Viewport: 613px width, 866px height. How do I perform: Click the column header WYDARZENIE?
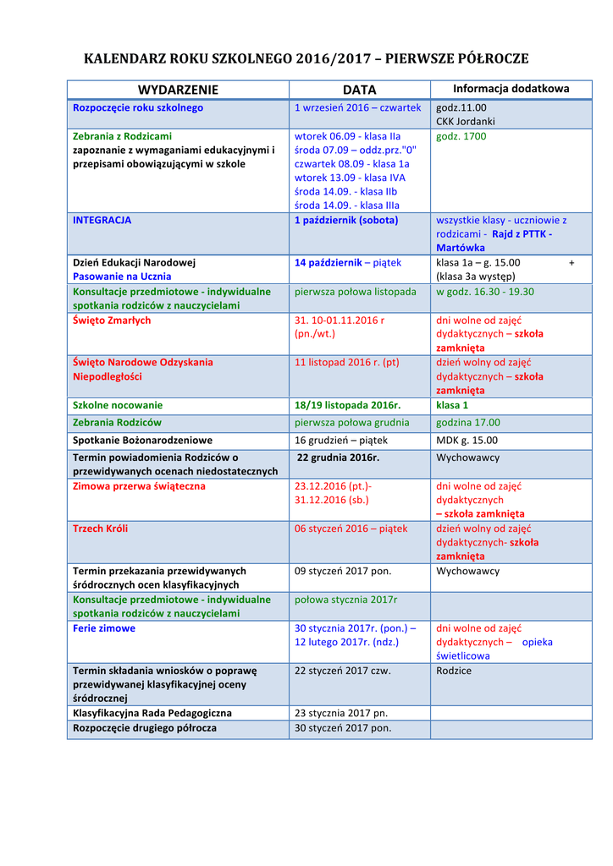[x=178, y=90]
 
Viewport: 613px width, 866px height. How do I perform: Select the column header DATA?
[x=359, y=90]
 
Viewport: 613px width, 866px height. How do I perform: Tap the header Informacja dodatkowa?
[x=511, y=89]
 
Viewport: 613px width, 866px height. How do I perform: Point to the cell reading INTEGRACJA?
[x=102, y=220]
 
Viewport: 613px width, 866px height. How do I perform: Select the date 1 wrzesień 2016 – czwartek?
[x=357, y=107]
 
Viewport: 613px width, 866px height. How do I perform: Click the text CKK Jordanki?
[x=466, y=122]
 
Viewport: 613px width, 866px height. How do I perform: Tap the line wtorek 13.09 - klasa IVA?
[x=350, y=178]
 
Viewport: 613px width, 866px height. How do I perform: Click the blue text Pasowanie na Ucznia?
[x=122, y=277]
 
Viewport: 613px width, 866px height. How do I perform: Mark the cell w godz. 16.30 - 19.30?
[x=485, y=292]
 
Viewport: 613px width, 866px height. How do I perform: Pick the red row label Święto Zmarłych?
[x=112, y=321]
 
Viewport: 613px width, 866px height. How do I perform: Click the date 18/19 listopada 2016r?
[x=347, y=405]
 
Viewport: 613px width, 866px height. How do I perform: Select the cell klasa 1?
[x=452, y=405]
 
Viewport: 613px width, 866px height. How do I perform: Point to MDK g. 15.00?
[x=467, y=440]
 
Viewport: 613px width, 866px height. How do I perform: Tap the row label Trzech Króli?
[x=101, y=529]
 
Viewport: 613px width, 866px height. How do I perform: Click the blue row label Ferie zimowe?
[x=104, y=628]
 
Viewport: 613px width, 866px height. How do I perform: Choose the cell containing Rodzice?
[x=454, y=671]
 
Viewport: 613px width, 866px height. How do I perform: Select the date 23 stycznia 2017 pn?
[x=340, y=713]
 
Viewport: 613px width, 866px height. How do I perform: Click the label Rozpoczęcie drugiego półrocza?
[x=144, y=727]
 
